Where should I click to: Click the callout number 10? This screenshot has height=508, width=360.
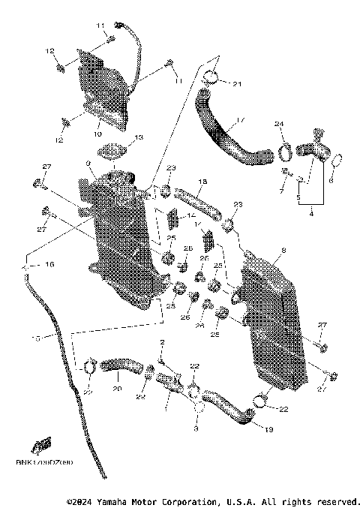tap(97, 134)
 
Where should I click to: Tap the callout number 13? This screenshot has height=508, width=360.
tap(138, 139)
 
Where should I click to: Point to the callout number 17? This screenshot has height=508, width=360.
tap(240, 119)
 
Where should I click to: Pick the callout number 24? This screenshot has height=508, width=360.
tap(278, 124)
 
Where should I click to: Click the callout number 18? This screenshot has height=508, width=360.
tap(202, 182)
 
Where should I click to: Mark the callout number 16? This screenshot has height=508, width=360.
tap(51, 265)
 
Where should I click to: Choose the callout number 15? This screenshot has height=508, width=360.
tap(34, 338)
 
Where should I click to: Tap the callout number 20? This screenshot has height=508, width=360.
tap(116, 389)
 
